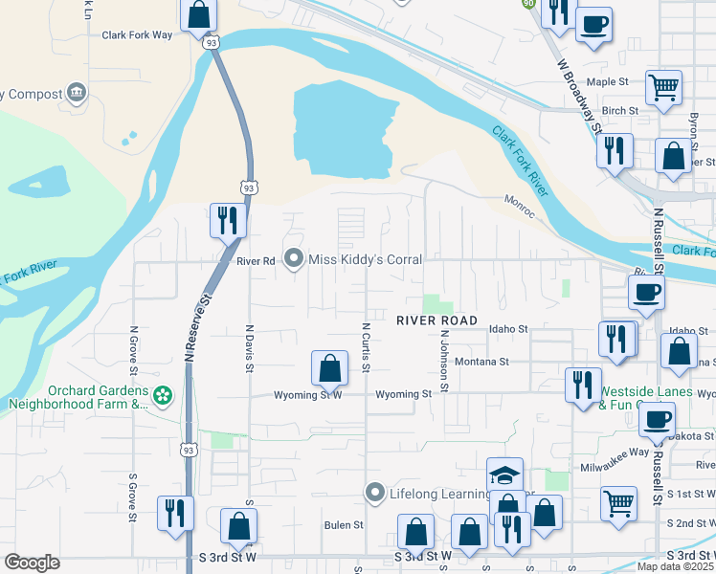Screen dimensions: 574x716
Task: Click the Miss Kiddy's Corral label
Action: pos(365,259)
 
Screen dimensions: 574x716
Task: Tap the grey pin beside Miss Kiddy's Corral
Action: pos(294,259)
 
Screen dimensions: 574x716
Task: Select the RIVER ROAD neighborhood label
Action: pos(436,320)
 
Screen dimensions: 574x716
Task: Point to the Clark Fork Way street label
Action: pos(137,35)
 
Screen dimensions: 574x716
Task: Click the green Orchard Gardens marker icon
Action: pos(164,394)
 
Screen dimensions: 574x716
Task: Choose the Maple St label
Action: pos(607,82)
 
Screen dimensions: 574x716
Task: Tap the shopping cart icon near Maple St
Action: pos(663,88)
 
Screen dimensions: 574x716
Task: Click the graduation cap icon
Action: pos(504,475)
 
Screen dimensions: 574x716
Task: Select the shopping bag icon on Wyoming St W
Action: pos(329,368)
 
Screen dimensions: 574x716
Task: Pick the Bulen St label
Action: pos(344,525)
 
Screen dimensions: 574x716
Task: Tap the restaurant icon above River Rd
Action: pos(229,220)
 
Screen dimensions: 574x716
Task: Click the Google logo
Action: pos(32,563)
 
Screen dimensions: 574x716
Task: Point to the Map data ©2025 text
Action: pos(675,566)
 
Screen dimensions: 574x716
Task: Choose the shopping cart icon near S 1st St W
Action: pos(619,502)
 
